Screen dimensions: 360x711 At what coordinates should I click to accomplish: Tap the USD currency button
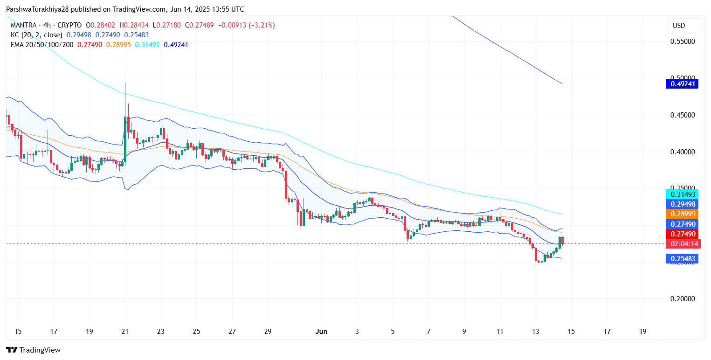678,26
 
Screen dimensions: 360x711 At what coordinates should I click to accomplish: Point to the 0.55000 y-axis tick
683,42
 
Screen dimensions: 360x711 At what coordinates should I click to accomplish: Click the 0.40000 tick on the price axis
683,152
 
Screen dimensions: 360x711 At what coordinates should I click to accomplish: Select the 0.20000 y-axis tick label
683,299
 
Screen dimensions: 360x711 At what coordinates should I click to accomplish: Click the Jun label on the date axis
321,332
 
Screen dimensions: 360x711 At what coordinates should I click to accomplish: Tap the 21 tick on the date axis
125,332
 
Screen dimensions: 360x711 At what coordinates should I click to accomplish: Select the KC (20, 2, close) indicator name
37,35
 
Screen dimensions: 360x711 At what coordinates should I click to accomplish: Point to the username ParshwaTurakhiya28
37,9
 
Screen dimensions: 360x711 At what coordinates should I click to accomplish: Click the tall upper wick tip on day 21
125,83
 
